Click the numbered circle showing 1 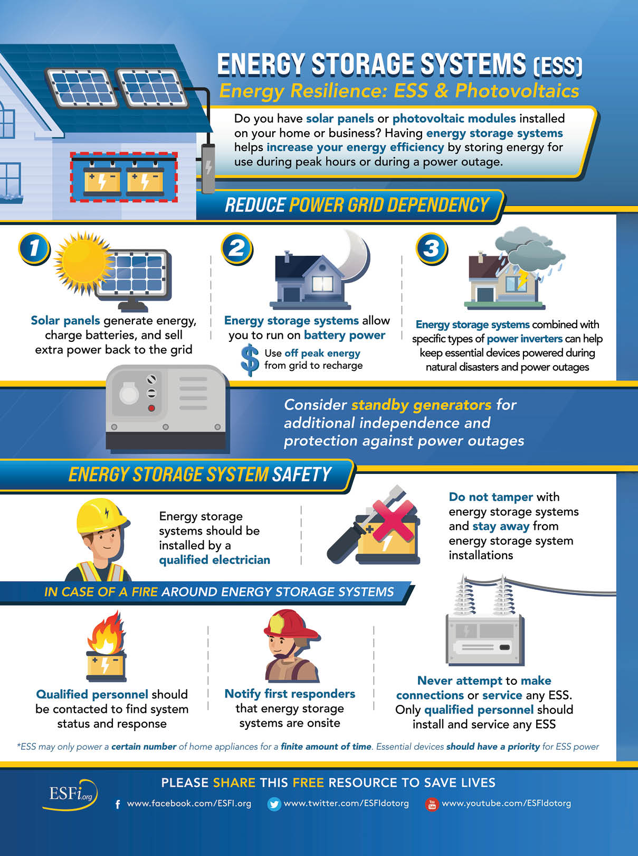coord(34,248)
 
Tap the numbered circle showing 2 coord(237,248)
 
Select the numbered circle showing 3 coord(432,248)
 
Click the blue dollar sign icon coord(250,360)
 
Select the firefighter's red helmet coord(291,624)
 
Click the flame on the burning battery coord(106,632)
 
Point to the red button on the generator coord(151,408)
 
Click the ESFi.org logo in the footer coord(70,794)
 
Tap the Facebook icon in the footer coord(118,804)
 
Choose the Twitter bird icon coord(274,804)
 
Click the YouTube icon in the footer coord(432,804)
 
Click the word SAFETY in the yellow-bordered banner coord(301,474)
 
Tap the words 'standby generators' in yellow coord(421,405)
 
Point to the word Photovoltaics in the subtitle coord(517,91)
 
